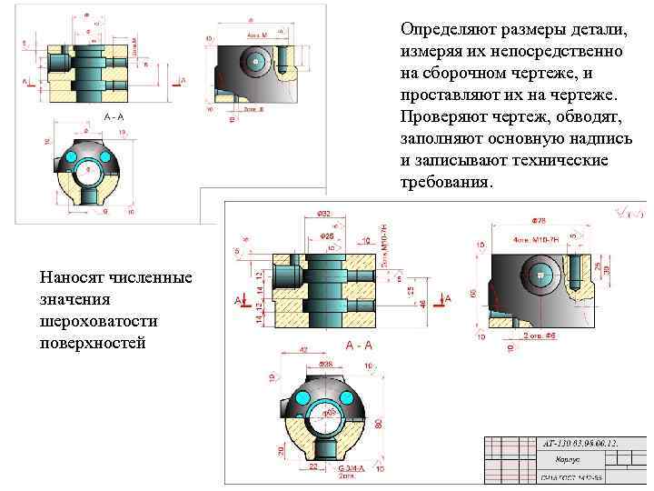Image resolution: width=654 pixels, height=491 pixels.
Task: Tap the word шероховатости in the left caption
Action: [93, 321]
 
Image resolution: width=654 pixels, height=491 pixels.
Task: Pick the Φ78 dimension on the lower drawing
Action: [538, 220]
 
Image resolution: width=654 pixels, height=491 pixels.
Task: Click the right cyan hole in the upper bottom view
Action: [106, 160]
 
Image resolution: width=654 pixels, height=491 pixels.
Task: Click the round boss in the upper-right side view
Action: [255, 60]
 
